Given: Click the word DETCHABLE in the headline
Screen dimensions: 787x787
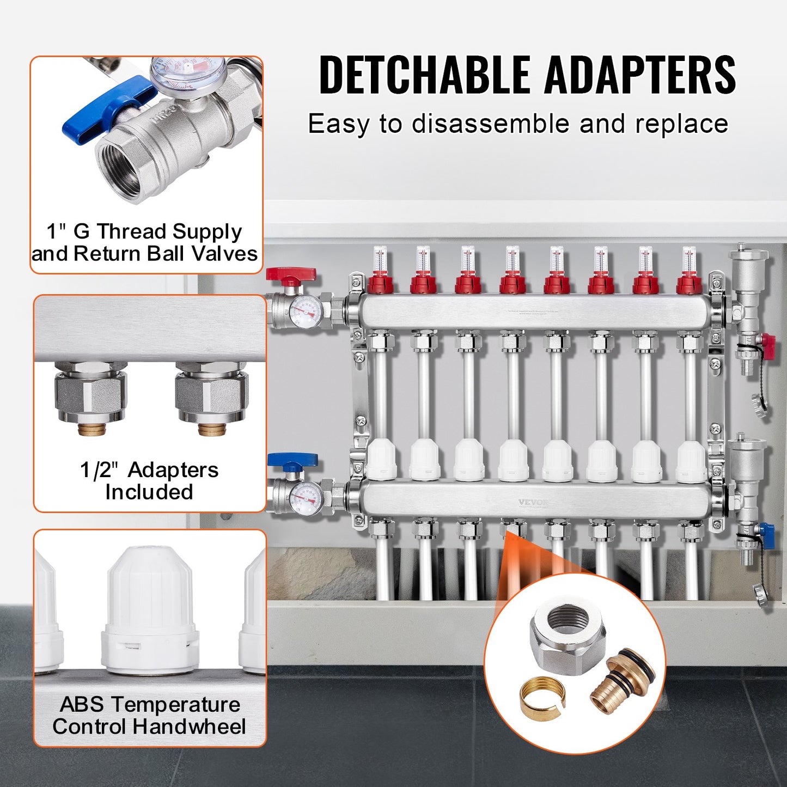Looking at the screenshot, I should (424, 75).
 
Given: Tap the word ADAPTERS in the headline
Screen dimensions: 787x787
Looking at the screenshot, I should (640, 75).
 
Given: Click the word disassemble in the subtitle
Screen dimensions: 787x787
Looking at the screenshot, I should (490, 124).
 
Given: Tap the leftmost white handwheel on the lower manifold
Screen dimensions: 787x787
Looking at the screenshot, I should (381, 460).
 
